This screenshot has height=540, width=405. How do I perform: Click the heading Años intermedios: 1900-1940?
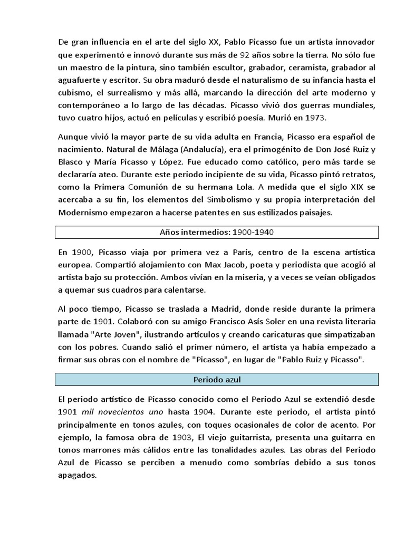point(217,232)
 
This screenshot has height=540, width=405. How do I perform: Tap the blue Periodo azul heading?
point(217,379)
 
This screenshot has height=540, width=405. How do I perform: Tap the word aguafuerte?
point(81,80)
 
